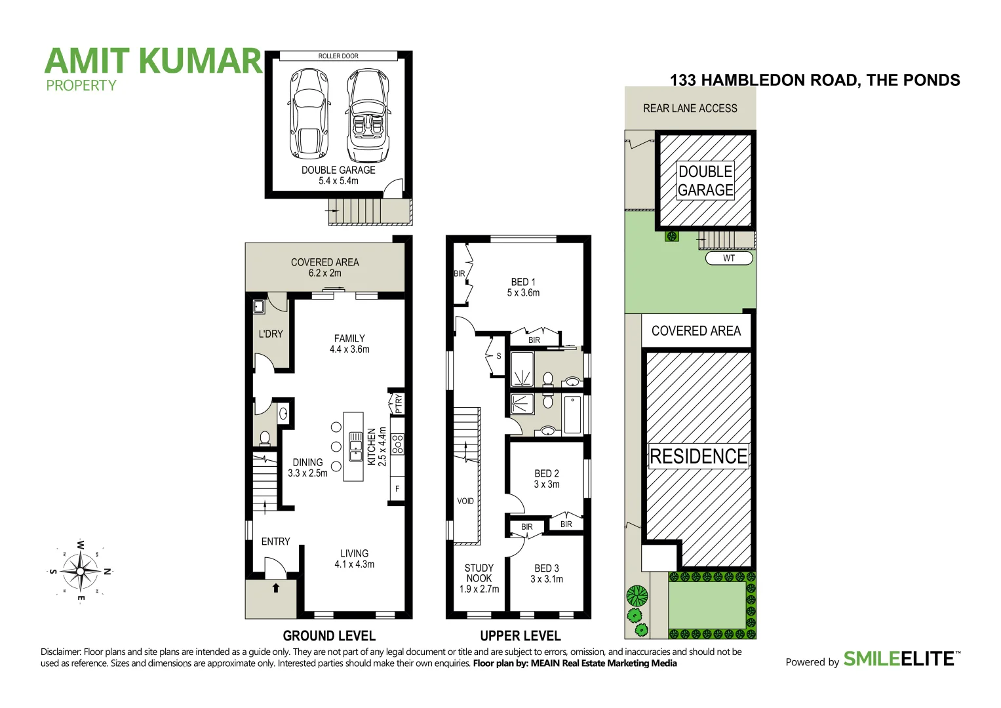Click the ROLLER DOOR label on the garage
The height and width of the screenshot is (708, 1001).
(x=338, y=56)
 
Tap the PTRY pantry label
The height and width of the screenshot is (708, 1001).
(x=398, y=403)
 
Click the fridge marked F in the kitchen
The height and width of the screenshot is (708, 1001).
(x=397, y=489)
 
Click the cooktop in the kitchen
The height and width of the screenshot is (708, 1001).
(x=397, y=444)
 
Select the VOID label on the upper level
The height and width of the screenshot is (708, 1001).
(x=465, y=501)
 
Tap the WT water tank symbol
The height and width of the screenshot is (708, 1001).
(x=729, y=258)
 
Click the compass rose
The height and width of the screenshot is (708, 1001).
(x=80, y=570)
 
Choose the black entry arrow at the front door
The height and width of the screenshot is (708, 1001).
(x=275, y=588)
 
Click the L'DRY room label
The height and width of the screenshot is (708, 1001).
(x=271, y=334)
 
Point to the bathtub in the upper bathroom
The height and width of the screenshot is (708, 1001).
(x=572, y=414)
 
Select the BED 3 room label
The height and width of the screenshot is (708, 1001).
(x=547, y=574)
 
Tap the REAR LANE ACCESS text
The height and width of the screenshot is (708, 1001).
(x=690, y=108)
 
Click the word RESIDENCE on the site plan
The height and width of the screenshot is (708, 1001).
(x=698, y=456)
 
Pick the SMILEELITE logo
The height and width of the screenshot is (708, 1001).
(x=898, y=659)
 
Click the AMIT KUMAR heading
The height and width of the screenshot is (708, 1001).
(x=153, y=61)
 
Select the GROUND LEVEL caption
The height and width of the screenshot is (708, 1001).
(x=329, y=636)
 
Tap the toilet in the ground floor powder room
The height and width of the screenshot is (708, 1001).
(x=265, y=438)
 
